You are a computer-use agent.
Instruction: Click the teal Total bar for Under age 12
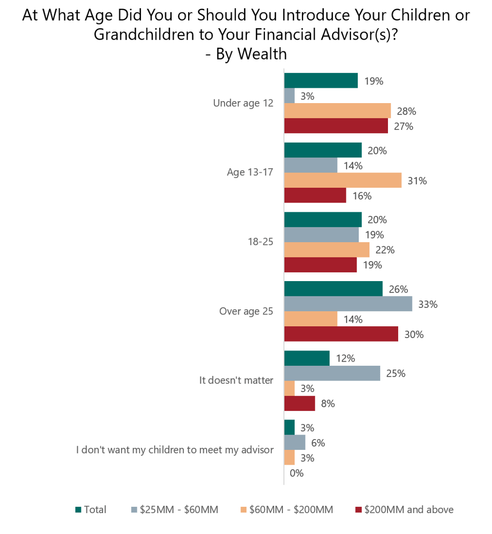click(x=321, y=81)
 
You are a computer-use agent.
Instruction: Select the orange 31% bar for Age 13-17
click(x=343, y=180)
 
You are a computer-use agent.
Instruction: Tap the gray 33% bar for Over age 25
click(x=348, y=304)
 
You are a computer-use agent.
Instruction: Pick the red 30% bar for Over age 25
click(x=341, y=334)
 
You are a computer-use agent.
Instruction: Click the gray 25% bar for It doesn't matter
click(x=332, y=373)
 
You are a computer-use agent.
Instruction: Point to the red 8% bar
click(x=300, y=403)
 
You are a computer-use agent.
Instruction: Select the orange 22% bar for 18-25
click(x=327, y=250)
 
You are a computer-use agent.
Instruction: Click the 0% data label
click(x=297, y=473)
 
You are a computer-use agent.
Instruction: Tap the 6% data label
click(x=318, y=443)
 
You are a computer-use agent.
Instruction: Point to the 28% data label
click(x=406, y=111)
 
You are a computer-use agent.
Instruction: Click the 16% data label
click(x=362, y=196)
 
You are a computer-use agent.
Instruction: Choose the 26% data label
click(x=398, y=289)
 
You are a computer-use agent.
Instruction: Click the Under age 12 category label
click(x=243, y=103)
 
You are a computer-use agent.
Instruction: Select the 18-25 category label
click(x=261, y=242)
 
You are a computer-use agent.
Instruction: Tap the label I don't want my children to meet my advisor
click(x=175, y=450)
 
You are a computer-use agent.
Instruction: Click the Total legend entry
click(x=91, y=509)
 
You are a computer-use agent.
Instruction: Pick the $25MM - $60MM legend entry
click(x=175, y=509)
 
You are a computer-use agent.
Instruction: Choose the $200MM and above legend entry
click(x=404, y=509)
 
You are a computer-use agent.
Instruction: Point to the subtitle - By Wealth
click(x=246, y=54)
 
